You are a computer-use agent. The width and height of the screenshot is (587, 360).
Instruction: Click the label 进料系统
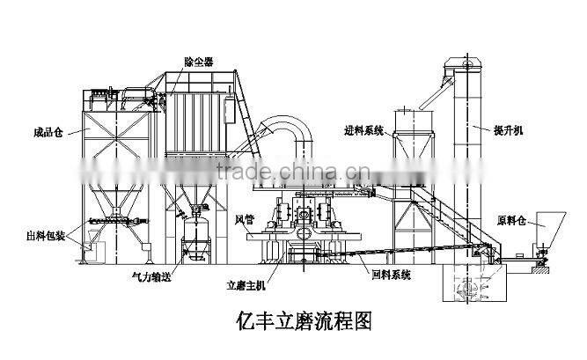point(364,131)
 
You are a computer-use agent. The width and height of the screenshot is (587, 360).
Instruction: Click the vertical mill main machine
point(304,224)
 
